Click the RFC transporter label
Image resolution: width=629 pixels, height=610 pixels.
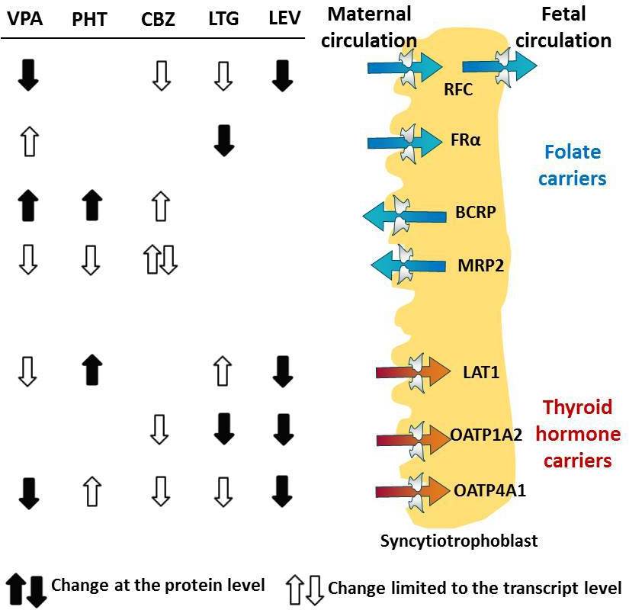[x=458, y=90]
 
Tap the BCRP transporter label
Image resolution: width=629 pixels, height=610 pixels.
[x=477, y=211]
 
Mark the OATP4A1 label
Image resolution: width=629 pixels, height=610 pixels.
[x=489, y=489]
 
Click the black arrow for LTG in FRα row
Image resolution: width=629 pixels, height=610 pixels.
[x=223, y=142]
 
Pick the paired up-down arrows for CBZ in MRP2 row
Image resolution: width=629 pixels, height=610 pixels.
[x=159, y=260]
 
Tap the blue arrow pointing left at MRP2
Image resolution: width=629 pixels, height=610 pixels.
[x=408, y=265]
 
